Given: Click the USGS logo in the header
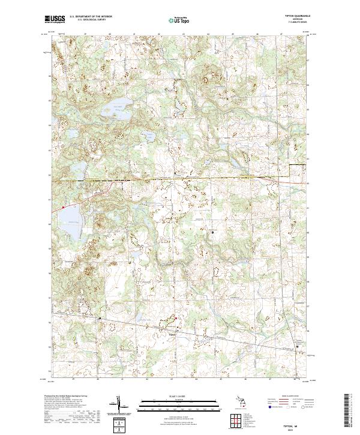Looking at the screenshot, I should pos(56,19).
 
